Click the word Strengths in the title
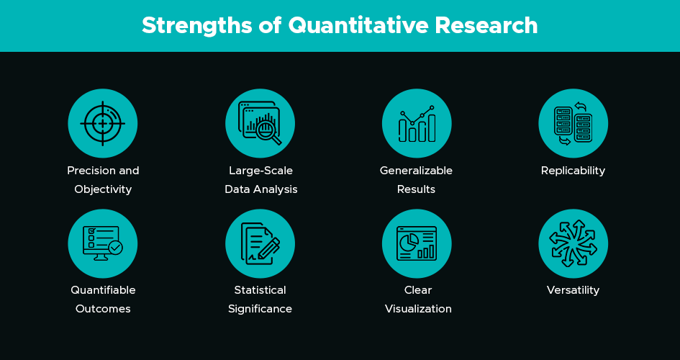(x=196, y=26)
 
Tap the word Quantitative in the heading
(x=358, y=26)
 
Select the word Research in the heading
(x=486, y=25)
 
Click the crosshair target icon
(x=103, y=124)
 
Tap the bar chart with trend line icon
(x=417, y=124)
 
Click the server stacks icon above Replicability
(x=573, y=124)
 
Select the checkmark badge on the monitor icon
(x=115, y=248)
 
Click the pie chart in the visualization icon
(x=409, y=243)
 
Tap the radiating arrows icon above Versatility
(x=573, y=243)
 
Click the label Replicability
(x=573, y=171)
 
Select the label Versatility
(x=573, y=289)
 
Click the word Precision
(x=87, y=171)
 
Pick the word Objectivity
(x=103, y=189)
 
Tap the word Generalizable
(x=417, y=171)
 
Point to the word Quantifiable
(x=103, y=289)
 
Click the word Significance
(x=260, y=309)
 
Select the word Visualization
(x=418, y=309)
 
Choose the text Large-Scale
(x=260, y=171)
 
